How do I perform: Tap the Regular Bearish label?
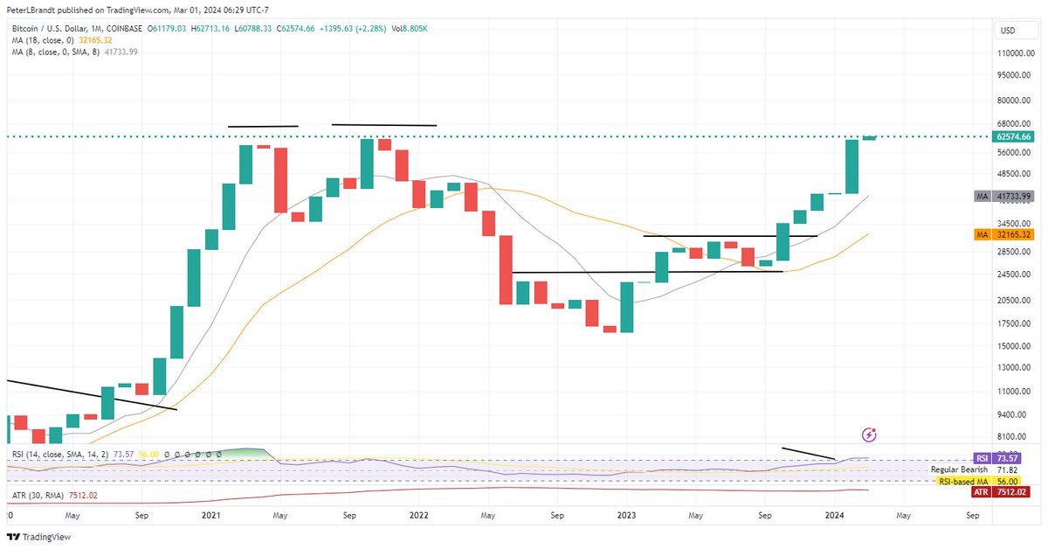coord(959,469)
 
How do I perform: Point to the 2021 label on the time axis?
coord(210,517)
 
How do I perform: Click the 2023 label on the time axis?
coord(626,517)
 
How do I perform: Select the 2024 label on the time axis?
coord(835,517)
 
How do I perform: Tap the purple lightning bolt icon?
coord(869,434)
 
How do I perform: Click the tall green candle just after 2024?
coord(852,166)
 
